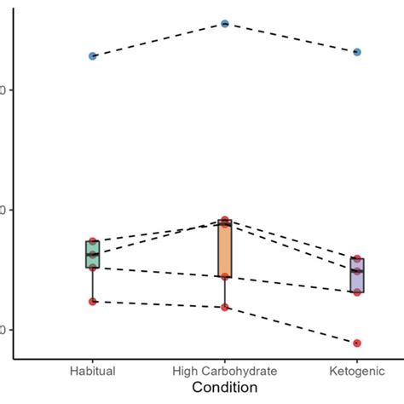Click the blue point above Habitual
(x=93, y=56)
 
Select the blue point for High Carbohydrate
(x=225, y=24)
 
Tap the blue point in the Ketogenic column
(x=357, y=52)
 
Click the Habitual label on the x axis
(x=93, y=371)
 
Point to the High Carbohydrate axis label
(x=225, y=371)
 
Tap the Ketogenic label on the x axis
(x=357, y=371)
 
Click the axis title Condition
(x=225, y=388)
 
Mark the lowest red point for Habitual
(x=93, y=301)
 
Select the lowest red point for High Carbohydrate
(x=225, y=307)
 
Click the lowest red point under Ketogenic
(x=357, y=343)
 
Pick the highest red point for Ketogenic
(x=357, y=258)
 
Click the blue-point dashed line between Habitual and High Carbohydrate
(x=159, y=40)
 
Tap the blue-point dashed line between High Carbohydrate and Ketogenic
(x=291, y=38)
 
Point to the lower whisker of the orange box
(x=225, y=292)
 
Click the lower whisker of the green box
(x=93, y=285)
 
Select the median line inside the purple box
(x=357, y=271)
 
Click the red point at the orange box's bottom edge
(x=225, y=276)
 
